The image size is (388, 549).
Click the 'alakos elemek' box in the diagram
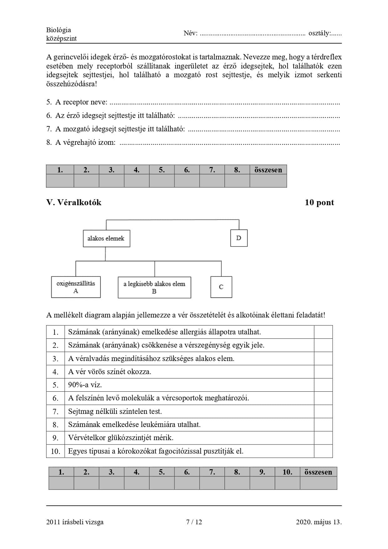click(x=106, y=238)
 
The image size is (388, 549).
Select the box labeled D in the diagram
click(x=239, y=238)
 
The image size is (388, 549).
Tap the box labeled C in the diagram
click(x=221, y=287)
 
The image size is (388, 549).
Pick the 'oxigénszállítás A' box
click(x=76, y=287)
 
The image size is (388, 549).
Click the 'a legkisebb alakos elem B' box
click(x=154, y=287)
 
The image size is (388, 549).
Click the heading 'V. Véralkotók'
click(x=74, y=202)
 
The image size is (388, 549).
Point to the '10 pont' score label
click(x=319, y=202)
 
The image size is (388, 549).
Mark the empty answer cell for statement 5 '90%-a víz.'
click(x=323, y=385)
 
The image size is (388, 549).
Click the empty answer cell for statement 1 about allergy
click(x=323, y=332)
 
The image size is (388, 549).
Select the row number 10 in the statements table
click(x=55, y=451)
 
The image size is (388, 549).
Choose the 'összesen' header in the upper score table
click(x=268, y=170)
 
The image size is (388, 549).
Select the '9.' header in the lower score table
click(x=262, y=472)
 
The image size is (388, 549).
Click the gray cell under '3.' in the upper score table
click(x=111, y=181)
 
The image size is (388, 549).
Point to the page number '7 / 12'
click(x=194, y=522)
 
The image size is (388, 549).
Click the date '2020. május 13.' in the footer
click(x=319, y=522)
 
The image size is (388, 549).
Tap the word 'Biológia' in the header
click(x=58, y=30)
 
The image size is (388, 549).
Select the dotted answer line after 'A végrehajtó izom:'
click(x=229, y=143)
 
